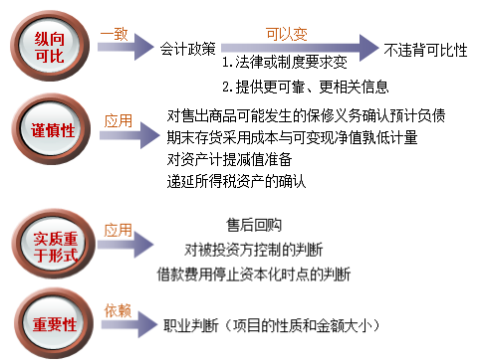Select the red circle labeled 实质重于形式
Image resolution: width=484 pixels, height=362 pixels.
[49, 243]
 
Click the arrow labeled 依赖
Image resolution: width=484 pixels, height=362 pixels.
[123, 324]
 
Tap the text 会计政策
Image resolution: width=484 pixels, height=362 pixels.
[187, 48]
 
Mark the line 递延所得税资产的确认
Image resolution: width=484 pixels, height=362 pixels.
[237, 181]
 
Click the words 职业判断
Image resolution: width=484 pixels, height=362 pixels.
[197, 325]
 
